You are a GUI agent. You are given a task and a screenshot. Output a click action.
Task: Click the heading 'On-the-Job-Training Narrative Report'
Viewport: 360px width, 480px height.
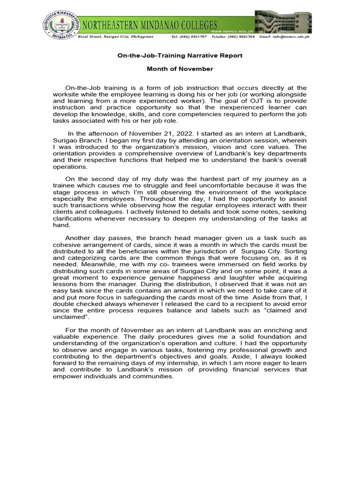pyautogui.click(x=180, y=55)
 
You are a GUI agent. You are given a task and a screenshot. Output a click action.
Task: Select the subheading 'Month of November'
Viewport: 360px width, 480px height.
pyautogui.click(x=180, y=69)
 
